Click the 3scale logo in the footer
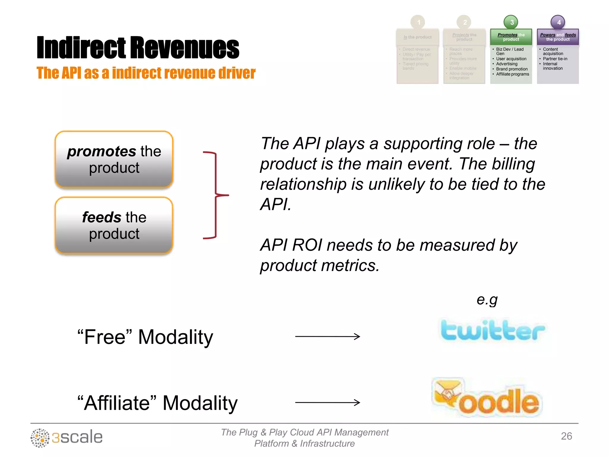tap(67, 438)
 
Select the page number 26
tap(566, 436)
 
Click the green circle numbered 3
tap(511, 22)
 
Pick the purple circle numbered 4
tap(558, 22)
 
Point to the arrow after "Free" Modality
tap(327, 337)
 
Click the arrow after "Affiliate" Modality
tap(327, 403)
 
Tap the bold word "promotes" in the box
tap(101, 151)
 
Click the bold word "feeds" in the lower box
tap(101, 217)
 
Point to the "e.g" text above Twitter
tap(487, 300)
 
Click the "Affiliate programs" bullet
tap(512, 74)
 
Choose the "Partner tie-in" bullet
tap(555, 59)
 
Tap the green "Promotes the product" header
tap(511, 37)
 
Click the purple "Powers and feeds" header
tap(558, 37)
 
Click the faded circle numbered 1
tap(418, 22)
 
